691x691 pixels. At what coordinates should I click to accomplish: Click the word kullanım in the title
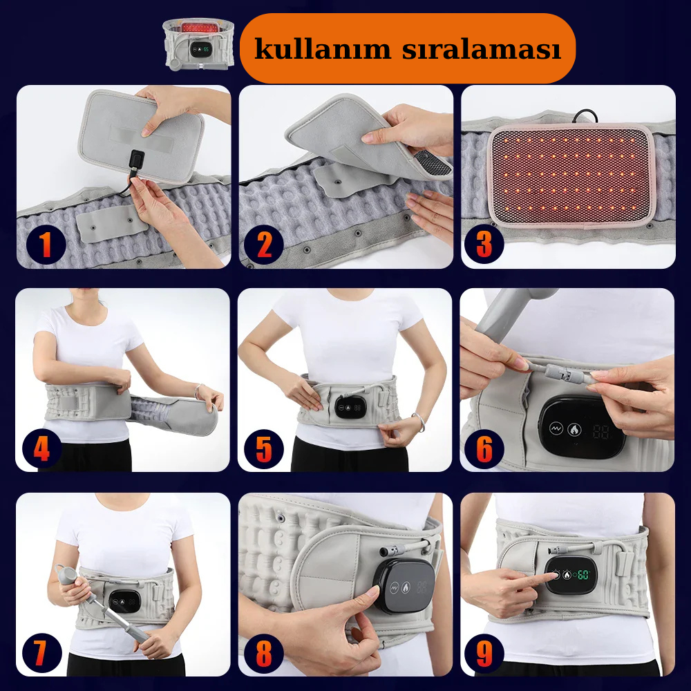[x=323, y=48]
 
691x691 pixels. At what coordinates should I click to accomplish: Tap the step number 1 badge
[x=46, y=244]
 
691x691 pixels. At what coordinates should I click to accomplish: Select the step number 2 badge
[x=263, y=245]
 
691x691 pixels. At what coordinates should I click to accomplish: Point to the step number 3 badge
[x=484, y=244]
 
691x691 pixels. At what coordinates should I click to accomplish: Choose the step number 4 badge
[x=42, y=448]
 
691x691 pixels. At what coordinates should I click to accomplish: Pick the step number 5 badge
[x=264, y=449]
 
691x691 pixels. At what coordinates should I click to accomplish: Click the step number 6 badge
[x=484, y=449]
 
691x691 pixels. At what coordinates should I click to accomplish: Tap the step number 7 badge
[x=42, y=653]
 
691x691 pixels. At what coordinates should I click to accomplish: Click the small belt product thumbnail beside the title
[x=198, y=44]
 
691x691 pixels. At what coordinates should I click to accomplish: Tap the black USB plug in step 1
[x=137, y=160]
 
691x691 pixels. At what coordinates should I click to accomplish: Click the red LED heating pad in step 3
[x=571, y=175]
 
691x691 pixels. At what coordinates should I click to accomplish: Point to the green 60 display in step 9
[x=583, y=575]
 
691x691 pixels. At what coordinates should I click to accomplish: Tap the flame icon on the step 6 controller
[x=574, y=429]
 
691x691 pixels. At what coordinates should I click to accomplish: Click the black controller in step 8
[x=404, y=586]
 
